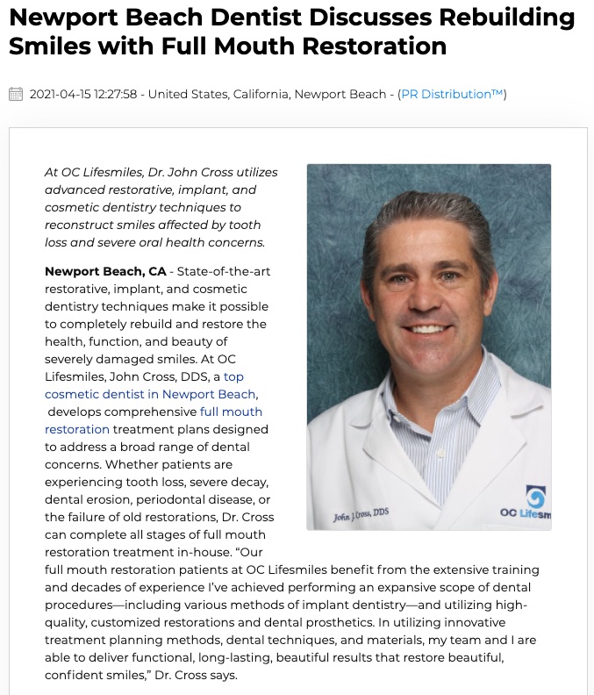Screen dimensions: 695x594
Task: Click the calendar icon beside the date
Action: (16, 94)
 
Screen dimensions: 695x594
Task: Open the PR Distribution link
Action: (452, 94)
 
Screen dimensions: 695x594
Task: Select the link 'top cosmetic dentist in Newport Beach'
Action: (152, 385)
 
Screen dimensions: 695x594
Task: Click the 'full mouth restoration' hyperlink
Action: (154, 420)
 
